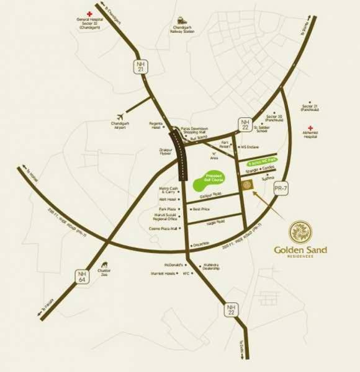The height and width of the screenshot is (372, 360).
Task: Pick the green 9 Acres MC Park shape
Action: [262, 159]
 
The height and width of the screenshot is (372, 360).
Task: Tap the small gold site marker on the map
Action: [248, 186]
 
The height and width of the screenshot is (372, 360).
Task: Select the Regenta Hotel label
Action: [156, 126]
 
